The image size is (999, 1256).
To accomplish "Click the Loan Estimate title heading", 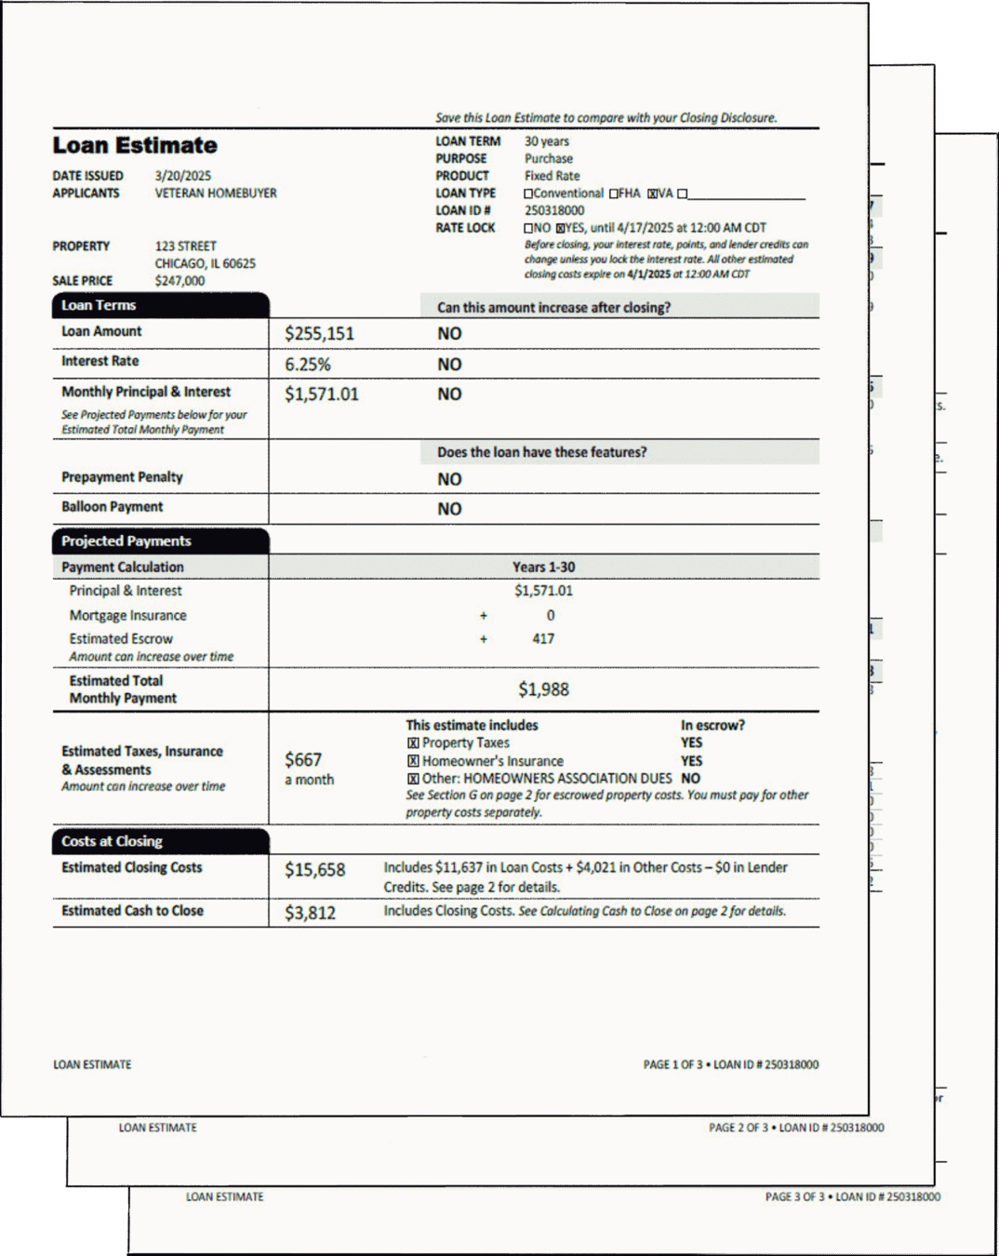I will (135, 145).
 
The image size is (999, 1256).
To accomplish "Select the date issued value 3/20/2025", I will (182, 176).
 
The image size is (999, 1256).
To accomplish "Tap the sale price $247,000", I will (180, 281).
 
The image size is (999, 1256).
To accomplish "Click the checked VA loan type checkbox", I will (653, 194).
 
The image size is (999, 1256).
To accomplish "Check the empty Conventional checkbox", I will (528, 194).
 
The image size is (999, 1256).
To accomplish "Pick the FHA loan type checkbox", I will (614, 194).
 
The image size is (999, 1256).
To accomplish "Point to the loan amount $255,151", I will (319, 334).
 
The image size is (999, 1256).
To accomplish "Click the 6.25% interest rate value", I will (308, 365).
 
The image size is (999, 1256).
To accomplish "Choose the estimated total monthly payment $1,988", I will (543, 689).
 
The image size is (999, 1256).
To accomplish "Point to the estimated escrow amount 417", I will (543, 639).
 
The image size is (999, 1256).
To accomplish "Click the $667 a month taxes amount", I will (303, 760).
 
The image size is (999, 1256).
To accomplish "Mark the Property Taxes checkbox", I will (413, 743).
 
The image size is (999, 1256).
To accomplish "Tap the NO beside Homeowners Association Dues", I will (690, 779).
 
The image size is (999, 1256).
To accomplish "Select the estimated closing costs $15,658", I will (314, 870).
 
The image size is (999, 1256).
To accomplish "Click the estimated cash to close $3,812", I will (310, 913).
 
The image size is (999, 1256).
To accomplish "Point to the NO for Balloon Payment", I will (449, 509).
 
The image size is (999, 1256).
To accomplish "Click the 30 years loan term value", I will (547, 141).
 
